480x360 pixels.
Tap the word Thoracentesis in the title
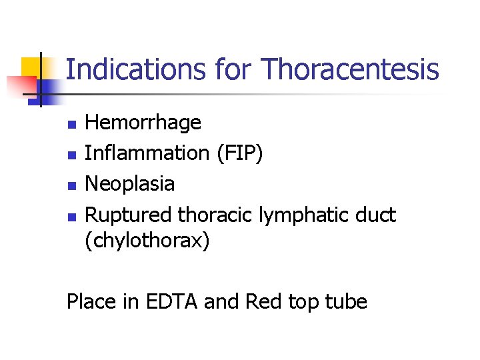[x=351, y=69]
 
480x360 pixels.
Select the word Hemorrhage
[x=143, y=123]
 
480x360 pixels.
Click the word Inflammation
[x=147, y=153]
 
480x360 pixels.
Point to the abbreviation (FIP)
[x=239, y=153]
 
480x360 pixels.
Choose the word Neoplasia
[x=131, y=183]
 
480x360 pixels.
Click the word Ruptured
[x=130, y=215]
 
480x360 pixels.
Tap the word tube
[x=346, y=301]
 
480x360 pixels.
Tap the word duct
[x=375, y=215]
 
